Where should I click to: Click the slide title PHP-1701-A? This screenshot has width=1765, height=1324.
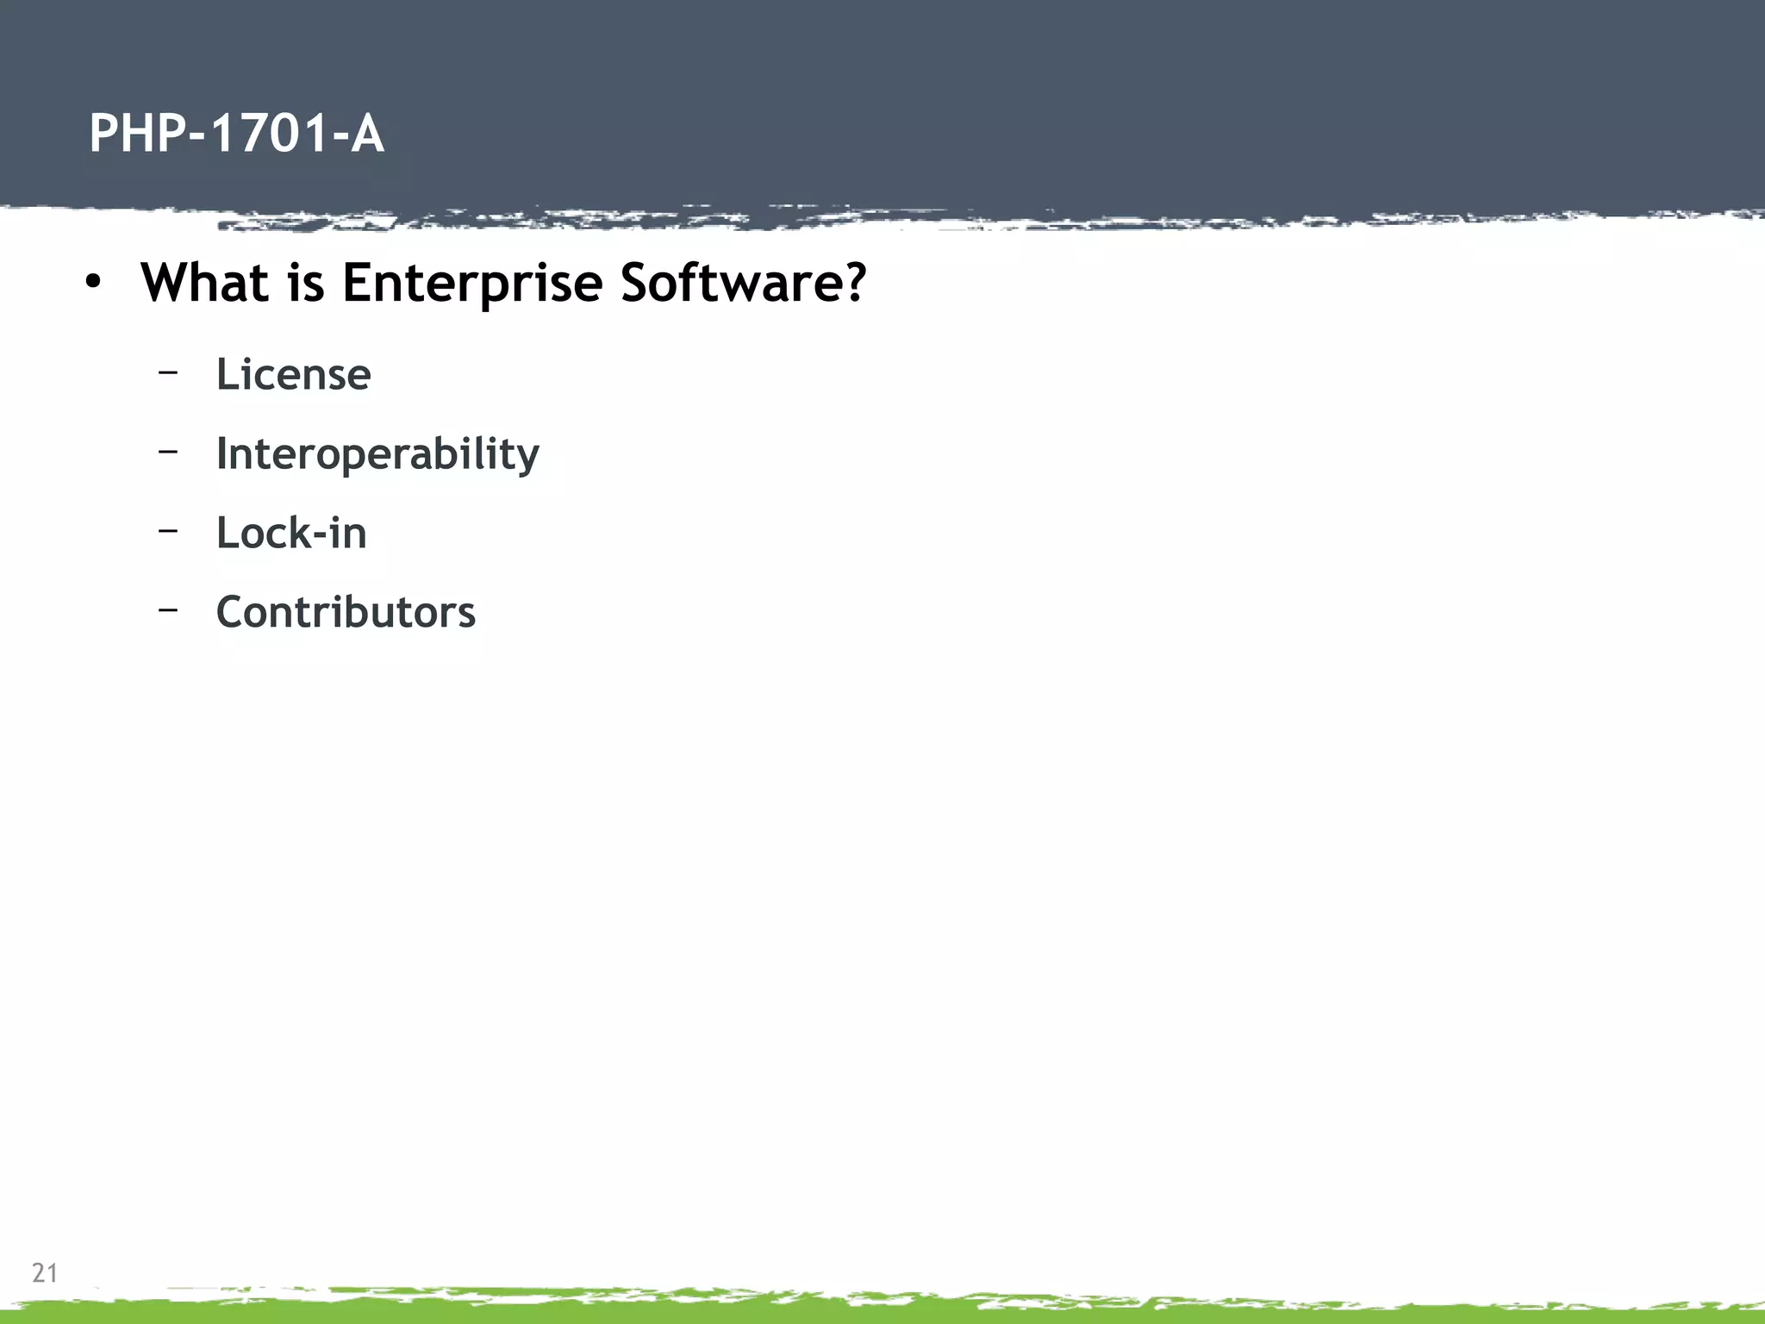coord(236,134)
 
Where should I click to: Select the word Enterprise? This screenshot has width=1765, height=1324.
coord(471,284)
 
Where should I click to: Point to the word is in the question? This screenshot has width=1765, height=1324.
coord(305,282)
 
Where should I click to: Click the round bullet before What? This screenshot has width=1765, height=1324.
coord(93,282)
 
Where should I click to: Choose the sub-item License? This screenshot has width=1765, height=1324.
coord(293,374)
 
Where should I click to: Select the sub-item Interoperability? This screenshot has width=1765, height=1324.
coord(377,453)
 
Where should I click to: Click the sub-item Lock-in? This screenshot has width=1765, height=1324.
coord(290,533)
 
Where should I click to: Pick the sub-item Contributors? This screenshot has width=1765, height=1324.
coord(345,612)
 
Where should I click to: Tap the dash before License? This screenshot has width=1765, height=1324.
coord(168,372)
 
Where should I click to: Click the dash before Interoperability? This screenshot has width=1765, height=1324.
coord(168,450)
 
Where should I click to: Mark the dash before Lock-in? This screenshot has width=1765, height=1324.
coord(168,529)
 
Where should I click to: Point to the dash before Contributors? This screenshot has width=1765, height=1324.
coord(168,609)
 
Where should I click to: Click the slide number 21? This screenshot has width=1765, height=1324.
coord(44,1272)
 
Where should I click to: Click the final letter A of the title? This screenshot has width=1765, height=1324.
coord(366,134)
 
